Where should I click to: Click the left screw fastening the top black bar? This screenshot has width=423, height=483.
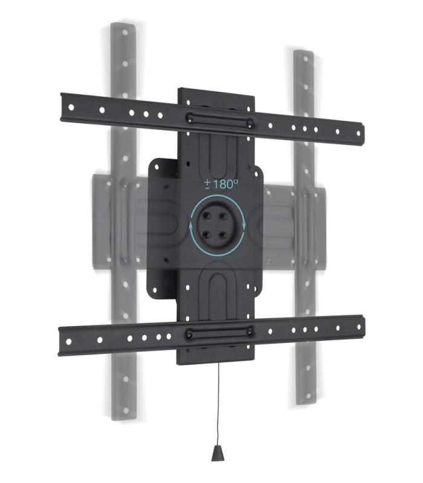[190, 119]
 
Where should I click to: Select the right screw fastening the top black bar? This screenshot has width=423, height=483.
[249, 124]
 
